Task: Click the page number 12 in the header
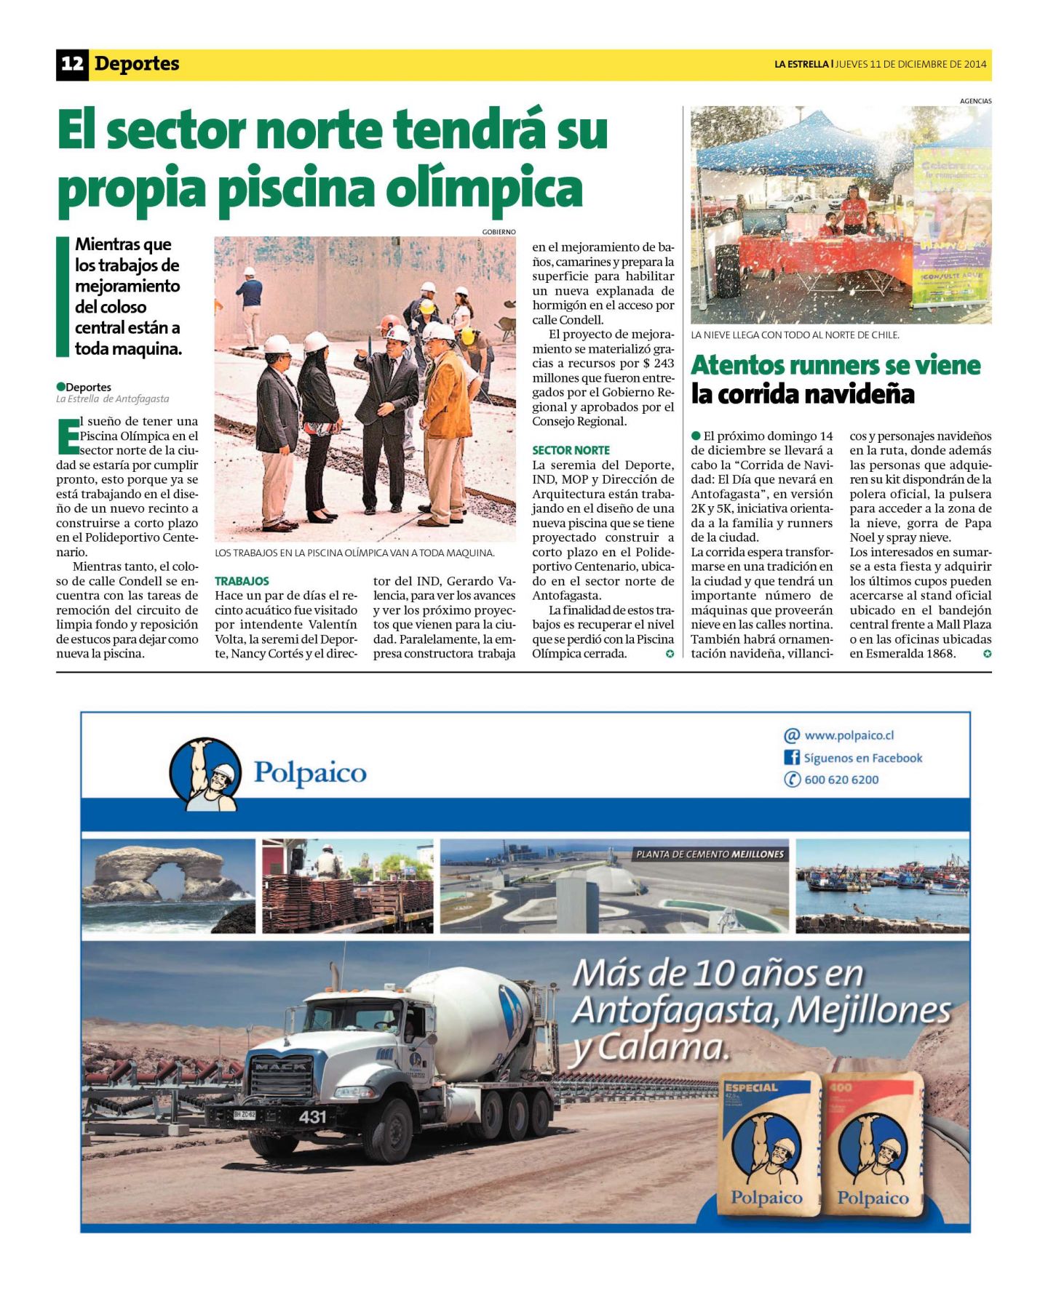[72, 64]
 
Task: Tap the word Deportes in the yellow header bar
[137, 64]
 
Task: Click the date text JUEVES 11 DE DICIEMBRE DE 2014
[910, 64]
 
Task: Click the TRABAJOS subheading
[242, 581]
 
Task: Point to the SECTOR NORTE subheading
[571, 450]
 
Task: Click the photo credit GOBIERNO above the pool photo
[499, 232]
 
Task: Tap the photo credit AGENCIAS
[975, 101]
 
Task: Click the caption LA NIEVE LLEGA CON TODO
[795, 335]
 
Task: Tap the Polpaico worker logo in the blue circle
[206, 774]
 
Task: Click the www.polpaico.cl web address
[849, 735]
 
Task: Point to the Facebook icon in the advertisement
[791, 757]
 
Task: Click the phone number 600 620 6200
[841, 780]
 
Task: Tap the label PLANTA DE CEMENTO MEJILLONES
[710, 854]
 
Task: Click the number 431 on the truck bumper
[312, 1116]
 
